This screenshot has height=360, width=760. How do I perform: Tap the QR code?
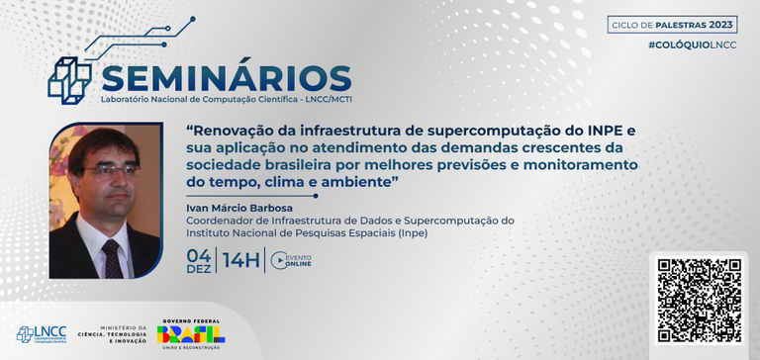[700, 301]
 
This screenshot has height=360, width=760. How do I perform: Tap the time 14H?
[241, 261]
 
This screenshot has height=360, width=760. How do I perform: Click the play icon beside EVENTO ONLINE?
[279, 261]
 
